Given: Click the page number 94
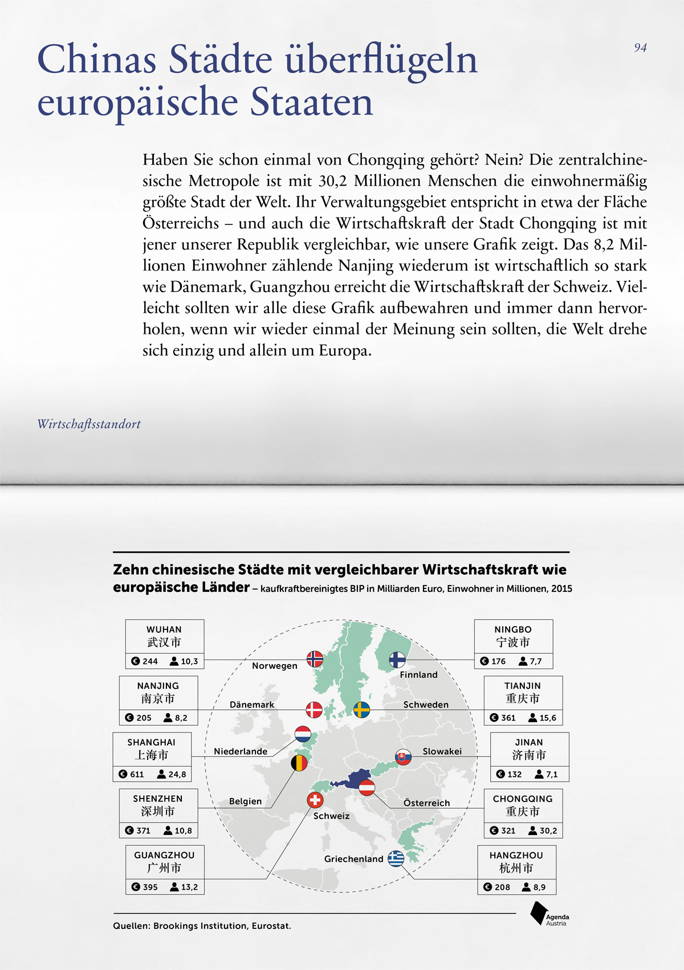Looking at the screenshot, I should (x=640, y=48).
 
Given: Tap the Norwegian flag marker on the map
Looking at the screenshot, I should (x=315, y=659).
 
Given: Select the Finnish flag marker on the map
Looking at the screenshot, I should (x=397, y=660).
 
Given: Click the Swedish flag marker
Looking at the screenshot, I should (x=362, y=710).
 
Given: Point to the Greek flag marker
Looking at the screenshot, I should (x=396, y=858).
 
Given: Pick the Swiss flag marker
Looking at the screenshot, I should (x=315, y=800).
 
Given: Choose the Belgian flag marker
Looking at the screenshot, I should (x=299, y=763).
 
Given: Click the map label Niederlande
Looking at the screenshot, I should (x=241, y=751).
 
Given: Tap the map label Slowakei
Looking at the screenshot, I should (x=442, y=751).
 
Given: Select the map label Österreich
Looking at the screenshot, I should (x=426, y=803).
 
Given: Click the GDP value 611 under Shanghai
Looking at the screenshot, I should (x=137, y=774).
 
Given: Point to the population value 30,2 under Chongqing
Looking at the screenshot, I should (x=548, y=830).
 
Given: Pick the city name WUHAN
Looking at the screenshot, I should (x=164, y=629).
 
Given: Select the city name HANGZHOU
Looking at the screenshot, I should (x=516, y=855).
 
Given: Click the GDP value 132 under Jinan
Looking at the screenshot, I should (x=515, y=774).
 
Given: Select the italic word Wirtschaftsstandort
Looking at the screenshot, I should (x=89, y=424).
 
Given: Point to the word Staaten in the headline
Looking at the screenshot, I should (x=311, y=103).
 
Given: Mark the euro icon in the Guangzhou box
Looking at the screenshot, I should (x=136, y=887).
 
